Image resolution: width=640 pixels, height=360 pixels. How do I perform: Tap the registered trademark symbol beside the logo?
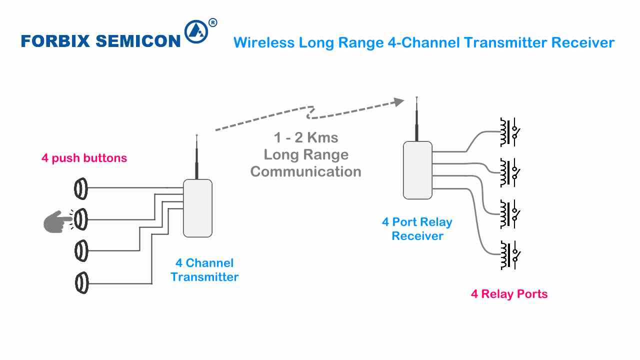212,22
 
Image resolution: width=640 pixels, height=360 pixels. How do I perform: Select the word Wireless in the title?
263,42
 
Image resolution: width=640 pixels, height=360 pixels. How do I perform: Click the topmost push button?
81,188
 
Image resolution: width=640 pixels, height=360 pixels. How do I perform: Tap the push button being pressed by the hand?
81,219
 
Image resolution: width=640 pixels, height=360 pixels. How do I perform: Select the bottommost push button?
81,283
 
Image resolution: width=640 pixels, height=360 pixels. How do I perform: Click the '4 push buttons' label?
84,158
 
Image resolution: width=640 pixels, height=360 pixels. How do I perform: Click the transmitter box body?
197,208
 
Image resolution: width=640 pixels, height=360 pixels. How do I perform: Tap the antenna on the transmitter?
197,157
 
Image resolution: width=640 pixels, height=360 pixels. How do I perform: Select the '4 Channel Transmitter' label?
204,270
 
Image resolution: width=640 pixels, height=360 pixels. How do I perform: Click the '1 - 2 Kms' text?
306,138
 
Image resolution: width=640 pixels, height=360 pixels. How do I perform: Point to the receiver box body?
417,170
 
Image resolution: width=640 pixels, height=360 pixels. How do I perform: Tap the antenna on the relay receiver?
417,120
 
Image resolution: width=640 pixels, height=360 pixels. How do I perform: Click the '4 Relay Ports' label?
509,294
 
